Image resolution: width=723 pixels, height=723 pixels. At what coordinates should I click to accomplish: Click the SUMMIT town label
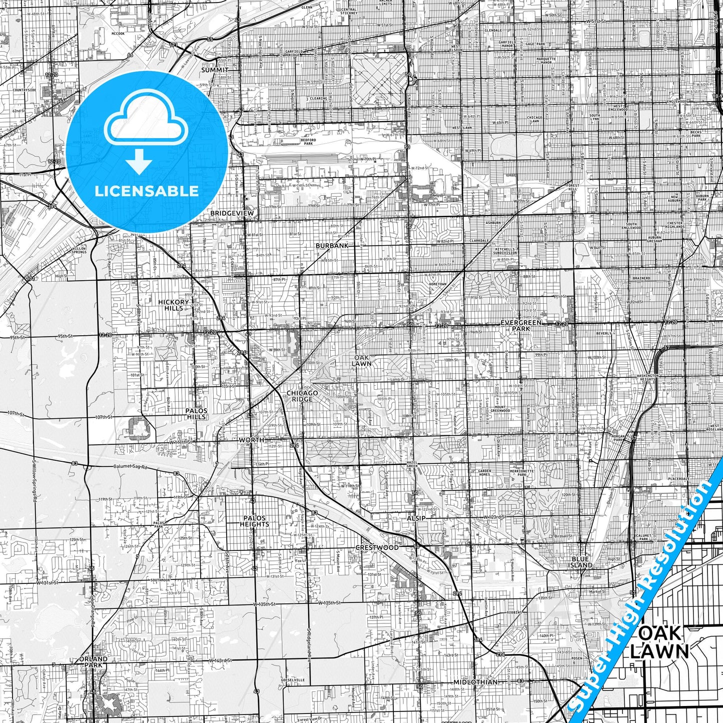pos(214,70)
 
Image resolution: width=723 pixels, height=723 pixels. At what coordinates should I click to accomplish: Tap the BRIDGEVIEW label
pos(232,213)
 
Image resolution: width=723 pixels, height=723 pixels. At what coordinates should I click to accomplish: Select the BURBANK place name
pos(332,246)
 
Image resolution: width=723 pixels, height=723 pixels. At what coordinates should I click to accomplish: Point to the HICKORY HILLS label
pos(174,305)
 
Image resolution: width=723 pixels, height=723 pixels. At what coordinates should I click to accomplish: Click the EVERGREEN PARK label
pos(521,326)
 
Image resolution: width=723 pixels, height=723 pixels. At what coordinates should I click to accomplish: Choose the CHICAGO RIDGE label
pos(302,396)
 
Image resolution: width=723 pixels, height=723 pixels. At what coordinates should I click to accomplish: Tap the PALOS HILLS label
pos(196,414)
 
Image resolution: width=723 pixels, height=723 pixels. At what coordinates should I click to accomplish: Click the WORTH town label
pos(251,440)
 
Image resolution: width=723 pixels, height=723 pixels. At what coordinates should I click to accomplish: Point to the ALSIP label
pos(416,518)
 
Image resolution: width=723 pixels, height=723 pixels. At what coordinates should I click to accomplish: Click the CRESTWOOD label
pos(377,547)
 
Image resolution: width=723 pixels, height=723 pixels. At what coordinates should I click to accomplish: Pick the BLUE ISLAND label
pos(582,562)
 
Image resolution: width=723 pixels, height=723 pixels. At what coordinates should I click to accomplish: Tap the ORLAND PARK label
pos(93,662)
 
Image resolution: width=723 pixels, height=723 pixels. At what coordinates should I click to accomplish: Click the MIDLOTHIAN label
pos(475,682)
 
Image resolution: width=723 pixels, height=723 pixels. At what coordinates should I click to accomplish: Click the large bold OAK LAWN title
pos(659,642)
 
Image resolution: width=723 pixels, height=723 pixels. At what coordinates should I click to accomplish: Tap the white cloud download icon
pos(147,125)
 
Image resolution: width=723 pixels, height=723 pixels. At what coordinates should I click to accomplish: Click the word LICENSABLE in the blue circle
pos(147,191)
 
